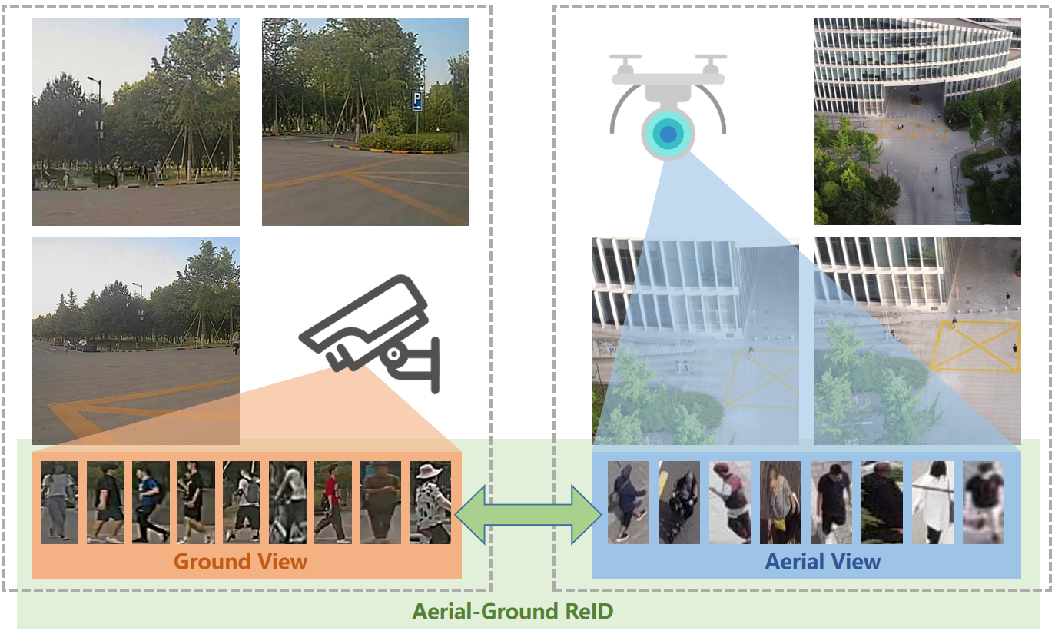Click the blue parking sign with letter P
click(416, 99)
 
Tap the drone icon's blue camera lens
click(668, 134)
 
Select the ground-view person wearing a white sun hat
click(430, 503)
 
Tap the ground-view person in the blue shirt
click(151, 503)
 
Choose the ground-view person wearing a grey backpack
click(242, 503)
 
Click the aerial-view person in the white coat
click(932, 503)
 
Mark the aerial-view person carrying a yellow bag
click(780, 503)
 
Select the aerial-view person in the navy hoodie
click(628, 503)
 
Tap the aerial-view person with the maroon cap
click(730, 503)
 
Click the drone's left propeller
click(625, 59)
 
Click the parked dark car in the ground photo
click(86, 345)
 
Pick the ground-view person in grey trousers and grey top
click(59, 503)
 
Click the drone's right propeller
click(711, 59)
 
